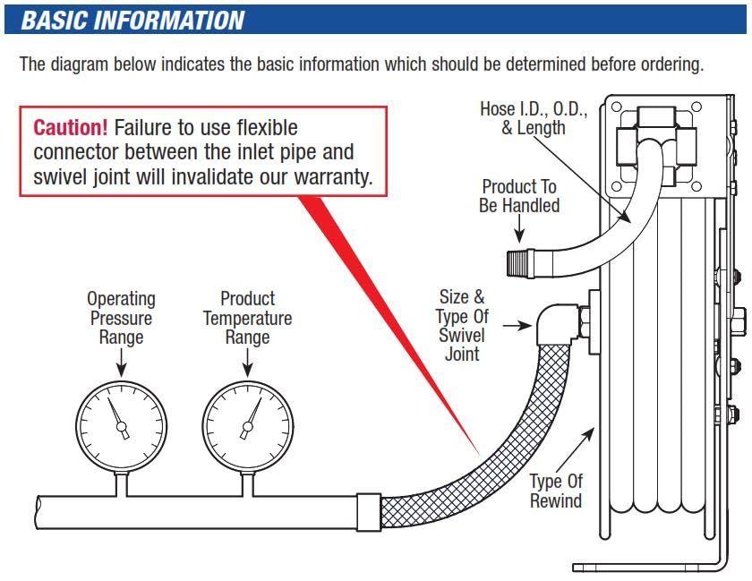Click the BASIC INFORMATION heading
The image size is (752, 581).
click(x=132, y=20)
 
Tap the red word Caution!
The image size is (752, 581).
click(x=71, y=127)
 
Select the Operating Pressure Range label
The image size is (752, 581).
click(x=121, y=318)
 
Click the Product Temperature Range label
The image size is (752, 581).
click(x=247, y=318)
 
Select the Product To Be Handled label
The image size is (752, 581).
click(x=519, y=196)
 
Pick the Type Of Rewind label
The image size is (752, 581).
click(x=556, y=490)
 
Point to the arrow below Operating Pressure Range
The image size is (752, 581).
click(x=121, y=363)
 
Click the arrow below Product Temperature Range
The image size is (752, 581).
click(x=247, y=363)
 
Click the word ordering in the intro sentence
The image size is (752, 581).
click(x=675, y=64)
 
